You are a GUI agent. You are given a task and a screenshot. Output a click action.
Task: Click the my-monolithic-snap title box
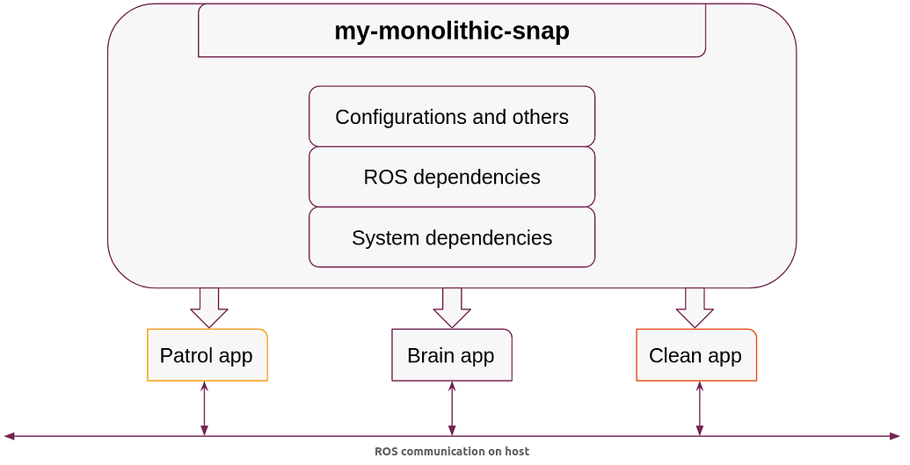point(452,30)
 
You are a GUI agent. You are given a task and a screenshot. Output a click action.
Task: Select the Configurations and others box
point(452,116)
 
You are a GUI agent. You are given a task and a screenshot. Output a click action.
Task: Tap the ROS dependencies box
point(452,177)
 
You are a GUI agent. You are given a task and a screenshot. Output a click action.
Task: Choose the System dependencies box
point(452,236)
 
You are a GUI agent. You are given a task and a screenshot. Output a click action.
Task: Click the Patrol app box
point(207,355)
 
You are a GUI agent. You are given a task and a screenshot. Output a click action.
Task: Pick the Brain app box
point(452,355)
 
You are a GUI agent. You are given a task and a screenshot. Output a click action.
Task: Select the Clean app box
point(696,355)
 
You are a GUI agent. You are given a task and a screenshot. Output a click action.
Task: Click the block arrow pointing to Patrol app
point(209,308)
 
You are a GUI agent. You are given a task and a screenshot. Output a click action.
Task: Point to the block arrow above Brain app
point(452,308)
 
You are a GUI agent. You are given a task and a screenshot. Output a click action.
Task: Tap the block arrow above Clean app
point(695,308)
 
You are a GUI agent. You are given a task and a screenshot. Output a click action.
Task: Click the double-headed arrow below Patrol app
point(204,408)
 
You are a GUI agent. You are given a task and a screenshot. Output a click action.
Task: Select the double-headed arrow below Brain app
point(452,408)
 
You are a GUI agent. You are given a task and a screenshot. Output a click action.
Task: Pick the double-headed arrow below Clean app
point(699,408)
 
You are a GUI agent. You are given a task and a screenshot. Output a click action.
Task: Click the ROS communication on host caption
point(452,451)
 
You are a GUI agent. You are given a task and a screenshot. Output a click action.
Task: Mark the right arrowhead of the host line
point(895,436)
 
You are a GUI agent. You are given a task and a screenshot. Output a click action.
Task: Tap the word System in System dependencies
point(386,238)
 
